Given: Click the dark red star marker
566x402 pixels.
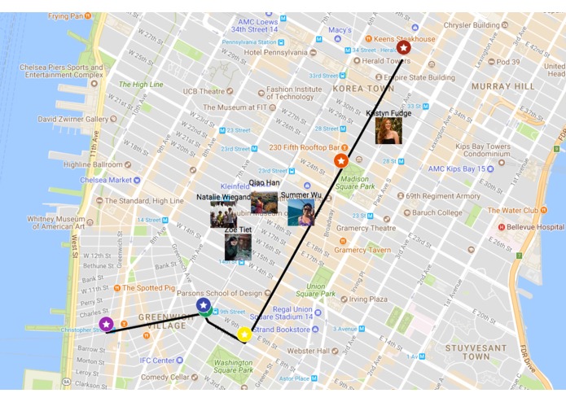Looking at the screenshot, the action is click(403, 48).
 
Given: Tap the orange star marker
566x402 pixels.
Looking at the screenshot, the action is click(341, 161).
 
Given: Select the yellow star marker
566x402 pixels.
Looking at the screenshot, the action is click(244, 334).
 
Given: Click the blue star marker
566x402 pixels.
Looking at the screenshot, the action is click(204, 305).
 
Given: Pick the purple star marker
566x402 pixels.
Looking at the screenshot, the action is click(106, 324).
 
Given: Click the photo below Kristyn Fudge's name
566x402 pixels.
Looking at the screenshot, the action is click(388, 131).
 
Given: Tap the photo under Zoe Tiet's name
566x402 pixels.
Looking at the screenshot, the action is click(238, 248).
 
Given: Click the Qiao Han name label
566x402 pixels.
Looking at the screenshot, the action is click(264, 183).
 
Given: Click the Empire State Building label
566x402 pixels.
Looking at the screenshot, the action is click(420, 77).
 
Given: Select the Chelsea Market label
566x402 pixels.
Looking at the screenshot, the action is click(103, 180).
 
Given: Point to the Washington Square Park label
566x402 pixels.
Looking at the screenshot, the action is click(233, 367).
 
